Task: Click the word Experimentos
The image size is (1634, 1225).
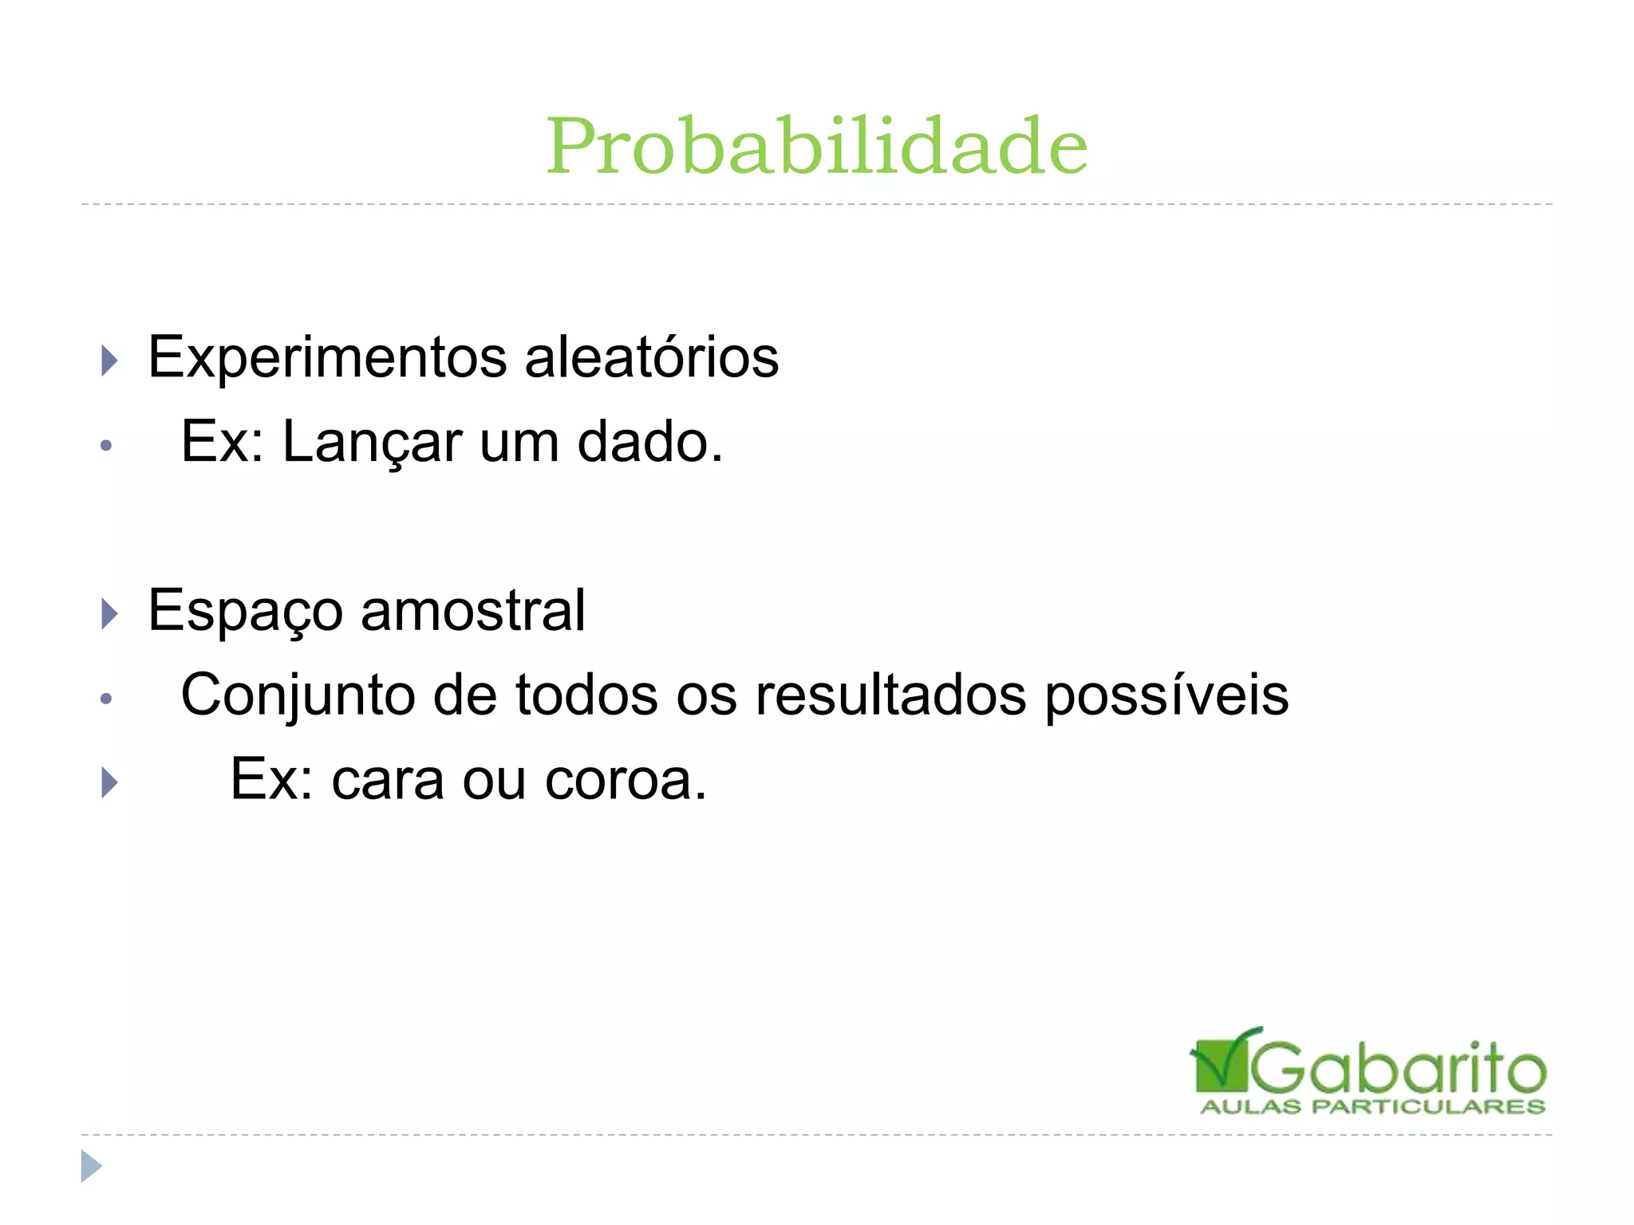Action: tap(327, 357)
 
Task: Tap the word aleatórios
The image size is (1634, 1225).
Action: tap(651, 357)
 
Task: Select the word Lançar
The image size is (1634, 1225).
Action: tap(372, 443)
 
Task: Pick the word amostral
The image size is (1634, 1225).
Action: tap(473, 611)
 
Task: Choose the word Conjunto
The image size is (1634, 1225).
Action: tap(298, 695)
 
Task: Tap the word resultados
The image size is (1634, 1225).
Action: tap(890, 695)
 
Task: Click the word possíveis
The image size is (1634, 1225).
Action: tap(1166, 695)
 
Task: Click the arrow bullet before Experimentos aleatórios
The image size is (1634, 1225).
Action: tap(110, 360)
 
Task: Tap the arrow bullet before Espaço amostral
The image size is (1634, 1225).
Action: tap(110, 614)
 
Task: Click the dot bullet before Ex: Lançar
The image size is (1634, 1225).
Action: tap(106, 445)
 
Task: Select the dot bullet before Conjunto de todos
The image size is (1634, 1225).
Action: tap(106, 699)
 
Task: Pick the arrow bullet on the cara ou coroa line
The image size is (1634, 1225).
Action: tap(110, 782)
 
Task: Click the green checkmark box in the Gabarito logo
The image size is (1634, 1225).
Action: tap(1219, 1062)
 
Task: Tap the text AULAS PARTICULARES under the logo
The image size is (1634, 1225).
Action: tap(1372, 1107)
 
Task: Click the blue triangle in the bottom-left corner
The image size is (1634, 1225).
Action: tap(91, 1166)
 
